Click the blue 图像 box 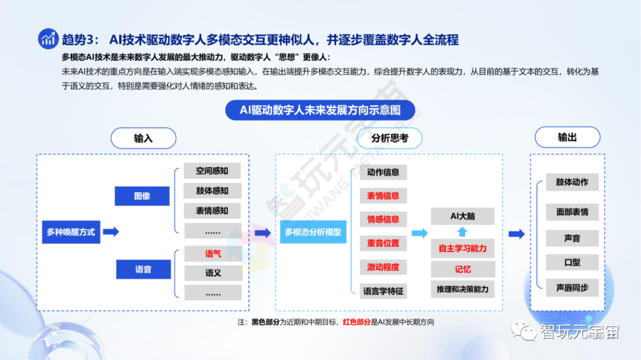(x=142, y=196)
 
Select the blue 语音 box (x=143, y=269)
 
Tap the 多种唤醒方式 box (x=71, y=232)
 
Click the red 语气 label (x=212, y=254)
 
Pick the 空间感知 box (x=212, y=171)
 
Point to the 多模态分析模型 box (x=313, y=232)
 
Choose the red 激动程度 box (x=383, y=267)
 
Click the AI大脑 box (x=462, y=216)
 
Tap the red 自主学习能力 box (x=462, y=249)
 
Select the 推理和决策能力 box (x=462, y=289)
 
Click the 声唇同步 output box (x=572, y=288)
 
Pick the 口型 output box (x=572, y=262)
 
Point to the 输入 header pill (x=143, y=138)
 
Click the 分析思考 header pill (x=389, y=138)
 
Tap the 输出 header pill (x=567, y=137)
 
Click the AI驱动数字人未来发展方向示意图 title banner (x=320, y=110)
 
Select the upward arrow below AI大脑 (x=462, y=232)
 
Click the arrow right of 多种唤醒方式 (x=111, y=232)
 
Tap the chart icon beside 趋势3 (x=48, y=39)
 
